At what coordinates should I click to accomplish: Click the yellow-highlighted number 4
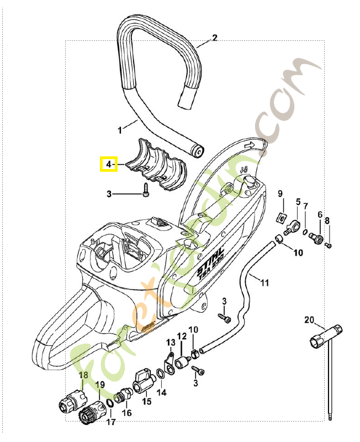pyautogui.click(x=108, y=164)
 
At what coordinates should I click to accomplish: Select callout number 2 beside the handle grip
pyautogui.click(x=215, y=38)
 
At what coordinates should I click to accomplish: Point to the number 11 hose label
pyautogui.click(x=264, y=283)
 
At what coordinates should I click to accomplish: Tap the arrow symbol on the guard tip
pyautogui.click(x=250, y=145)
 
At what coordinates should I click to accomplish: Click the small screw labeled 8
pyautogui.click(x=329, y=244)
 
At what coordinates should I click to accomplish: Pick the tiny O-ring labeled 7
pyautogui.click(x=305, y=232)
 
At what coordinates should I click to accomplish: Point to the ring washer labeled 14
pyautogui.click(x=160, y=376)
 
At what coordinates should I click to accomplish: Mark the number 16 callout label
pyautogui.click(x=126, y=413)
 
